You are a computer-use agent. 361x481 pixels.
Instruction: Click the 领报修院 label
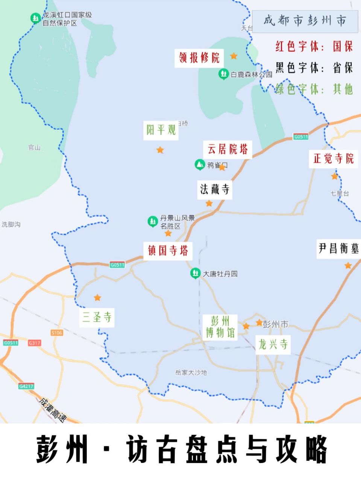(x=199, y=58)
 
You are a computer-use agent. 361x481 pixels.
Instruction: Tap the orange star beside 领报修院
(x=234, y=56)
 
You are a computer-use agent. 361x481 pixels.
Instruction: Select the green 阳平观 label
(x=161, y=130)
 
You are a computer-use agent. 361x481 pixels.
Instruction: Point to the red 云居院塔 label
(x=228, y=149)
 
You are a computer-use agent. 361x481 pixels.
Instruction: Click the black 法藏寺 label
(x=215, y=189)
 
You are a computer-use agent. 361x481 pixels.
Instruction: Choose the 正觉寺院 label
(x=334, y=159)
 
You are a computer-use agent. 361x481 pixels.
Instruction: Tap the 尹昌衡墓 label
(x=338, y=248)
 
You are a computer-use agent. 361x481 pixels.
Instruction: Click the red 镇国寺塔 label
(x=168, y=251)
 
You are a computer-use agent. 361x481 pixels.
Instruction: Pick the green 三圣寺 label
(x=97, y=318)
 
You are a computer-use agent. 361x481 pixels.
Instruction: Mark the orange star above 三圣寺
(x=97, y=298)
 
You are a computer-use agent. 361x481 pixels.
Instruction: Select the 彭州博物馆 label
(x=220, y=327)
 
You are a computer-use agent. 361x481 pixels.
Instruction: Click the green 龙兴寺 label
(x=273, y=344)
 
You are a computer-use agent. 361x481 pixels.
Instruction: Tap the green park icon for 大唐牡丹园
(x=195, y=273)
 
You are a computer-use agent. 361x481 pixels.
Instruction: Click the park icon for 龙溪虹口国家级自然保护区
(x=36, y=18)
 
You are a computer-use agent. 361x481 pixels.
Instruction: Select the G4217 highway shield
(x=26, y=386)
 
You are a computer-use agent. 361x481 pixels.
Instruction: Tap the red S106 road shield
(x=57, y=333)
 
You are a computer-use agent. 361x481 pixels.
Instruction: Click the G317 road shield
(x=34, y=343)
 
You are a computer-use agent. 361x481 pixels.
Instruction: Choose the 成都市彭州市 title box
(x=305, y=21)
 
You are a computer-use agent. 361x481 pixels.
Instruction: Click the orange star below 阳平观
(x=160, y=150)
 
